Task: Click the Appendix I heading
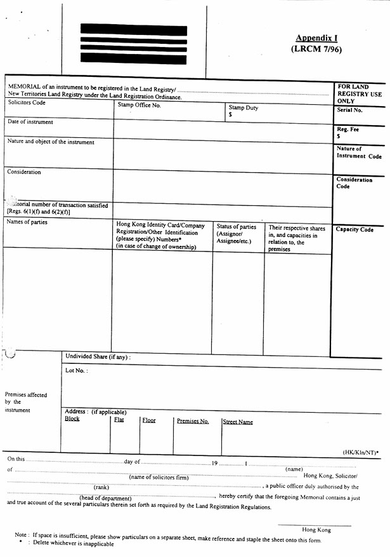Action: point(316,38)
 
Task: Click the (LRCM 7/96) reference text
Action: point(316,49)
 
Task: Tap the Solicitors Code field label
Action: point(27,102)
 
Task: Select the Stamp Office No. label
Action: point(139,105)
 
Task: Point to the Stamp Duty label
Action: point(244,108)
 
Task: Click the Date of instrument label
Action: point(30,122)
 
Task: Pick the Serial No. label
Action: point(349,111)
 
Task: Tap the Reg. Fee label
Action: point(348,129)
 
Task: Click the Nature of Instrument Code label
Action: point(359,152)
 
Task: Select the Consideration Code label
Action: point(354,183)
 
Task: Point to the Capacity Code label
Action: point(354,230)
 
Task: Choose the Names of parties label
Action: point(27,222)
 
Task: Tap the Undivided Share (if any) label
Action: point(98,357)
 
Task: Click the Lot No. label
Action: point(77,370)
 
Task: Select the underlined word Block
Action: point(72,419)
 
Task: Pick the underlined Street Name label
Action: point(238,422)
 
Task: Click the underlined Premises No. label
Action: point(192,421)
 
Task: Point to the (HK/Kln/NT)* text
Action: point(361,452)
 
